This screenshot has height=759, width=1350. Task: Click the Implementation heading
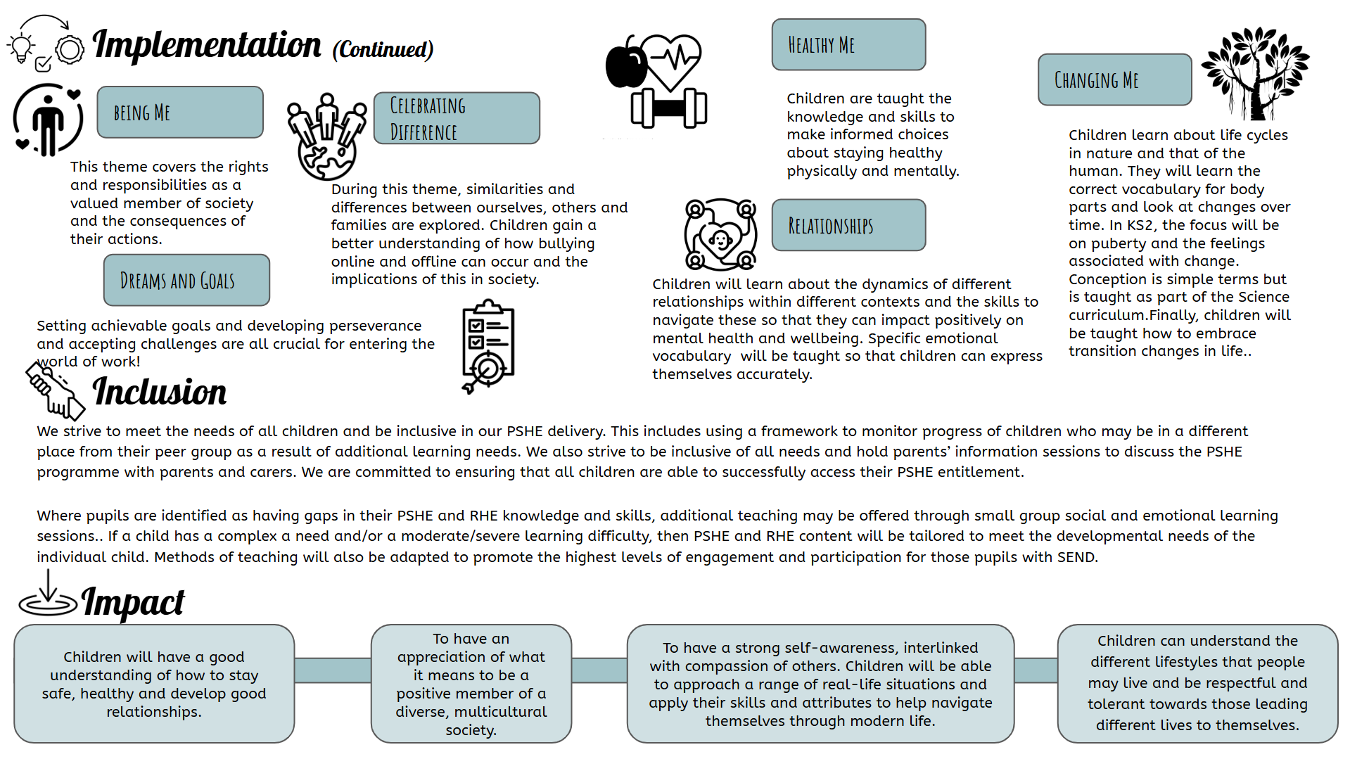point(207,45)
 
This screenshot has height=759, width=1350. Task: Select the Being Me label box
point(180,113)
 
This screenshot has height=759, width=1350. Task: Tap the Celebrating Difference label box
point(457,118)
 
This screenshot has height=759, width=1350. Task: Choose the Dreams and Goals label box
point(186,280)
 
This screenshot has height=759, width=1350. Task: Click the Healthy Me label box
point(848,44)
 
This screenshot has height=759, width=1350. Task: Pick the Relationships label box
point(848,225)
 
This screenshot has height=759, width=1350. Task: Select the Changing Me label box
point(1114,79)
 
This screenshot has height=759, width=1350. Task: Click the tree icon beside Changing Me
point(1255,73)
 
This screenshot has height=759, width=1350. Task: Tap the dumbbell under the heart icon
point(668,108)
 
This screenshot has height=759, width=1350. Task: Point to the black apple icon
point(625,63)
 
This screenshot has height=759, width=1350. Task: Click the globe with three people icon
point(326,136)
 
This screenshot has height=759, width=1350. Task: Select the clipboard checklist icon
point(488,346)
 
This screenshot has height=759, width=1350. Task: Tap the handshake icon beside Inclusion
point(55,390)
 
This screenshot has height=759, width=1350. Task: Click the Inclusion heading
point(160,392)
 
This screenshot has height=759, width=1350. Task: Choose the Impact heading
point(133,602)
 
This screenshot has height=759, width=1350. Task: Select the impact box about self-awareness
point(820,684)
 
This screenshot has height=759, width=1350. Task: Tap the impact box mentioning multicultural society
point(471,684)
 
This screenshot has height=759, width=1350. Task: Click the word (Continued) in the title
point(383,50)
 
